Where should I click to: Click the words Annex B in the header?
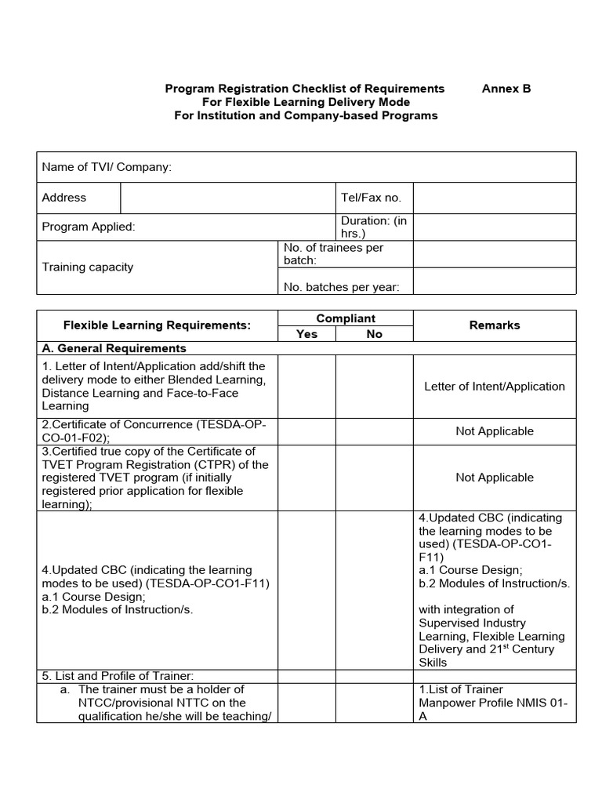[506, 89]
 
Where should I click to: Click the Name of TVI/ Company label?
[107, 167]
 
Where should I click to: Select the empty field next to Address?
[227, 198]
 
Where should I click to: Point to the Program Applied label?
[89, 227]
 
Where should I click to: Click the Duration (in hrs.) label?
[374, 227]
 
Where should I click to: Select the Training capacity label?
[88, 267]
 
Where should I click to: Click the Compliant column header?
[346, 318]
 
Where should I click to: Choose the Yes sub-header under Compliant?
[307, 334]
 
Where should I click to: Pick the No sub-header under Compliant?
[375, 334]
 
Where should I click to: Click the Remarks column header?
[494, 325]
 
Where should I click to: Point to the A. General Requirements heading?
[114, 348]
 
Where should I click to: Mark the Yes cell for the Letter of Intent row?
[307, 386]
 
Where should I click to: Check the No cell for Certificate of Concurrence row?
[375, 431]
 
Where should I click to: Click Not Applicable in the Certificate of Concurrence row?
[494, 431]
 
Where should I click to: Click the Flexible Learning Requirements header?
[157, 325]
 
